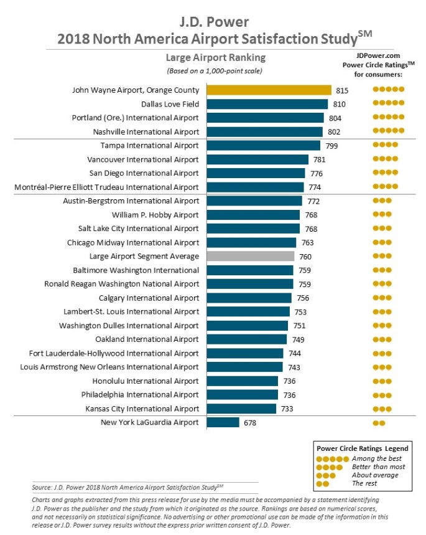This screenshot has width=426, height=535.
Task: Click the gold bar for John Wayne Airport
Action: (x=269, y=90)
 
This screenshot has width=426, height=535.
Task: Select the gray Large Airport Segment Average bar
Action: (x=251, y=256)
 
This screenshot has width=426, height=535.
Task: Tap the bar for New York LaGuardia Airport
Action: (x=223, y=422)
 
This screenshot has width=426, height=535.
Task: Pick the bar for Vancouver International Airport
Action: (x=257, y=159)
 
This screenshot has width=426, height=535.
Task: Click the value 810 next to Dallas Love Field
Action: (x=339, y=104)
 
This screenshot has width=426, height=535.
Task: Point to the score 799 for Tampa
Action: (x=331, y=146)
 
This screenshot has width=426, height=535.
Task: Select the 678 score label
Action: (x=250, y=423)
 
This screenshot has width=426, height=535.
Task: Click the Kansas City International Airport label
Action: (x=142, y=409)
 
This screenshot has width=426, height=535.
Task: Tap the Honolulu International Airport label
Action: (x=146, y=381)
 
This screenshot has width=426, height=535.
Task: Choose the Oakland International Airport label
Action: (x=147, y=339)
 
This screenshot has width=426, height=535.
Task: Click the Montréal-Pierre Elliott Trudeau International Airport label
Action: (x=106, y=187)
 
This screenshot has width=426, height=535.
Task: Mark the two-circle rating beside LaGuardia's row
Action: (x=379, y=423)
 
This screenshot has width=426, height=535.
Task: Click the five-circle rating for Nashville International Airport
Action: (x=389, y=130)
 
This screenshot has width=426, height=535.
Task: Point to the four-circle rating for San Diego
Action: (x=386, y=173)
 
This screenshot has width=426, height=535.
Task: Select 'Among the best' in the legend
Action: (x=377, y=458)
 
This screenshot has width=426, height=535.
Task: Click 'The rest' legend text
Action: (x=364, y=483)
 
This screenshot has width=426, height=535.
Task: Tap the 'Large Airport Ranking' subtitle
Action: (x=216, y=57)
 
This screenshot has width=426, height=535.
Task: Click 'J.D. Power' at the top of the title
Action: (x=214, y=22)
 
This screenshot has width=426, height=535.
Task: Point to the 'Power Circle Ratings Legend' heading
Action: (x=363, y=448)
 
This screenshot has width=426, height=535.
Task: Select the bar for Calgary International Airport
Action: (x=249, y=298)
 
